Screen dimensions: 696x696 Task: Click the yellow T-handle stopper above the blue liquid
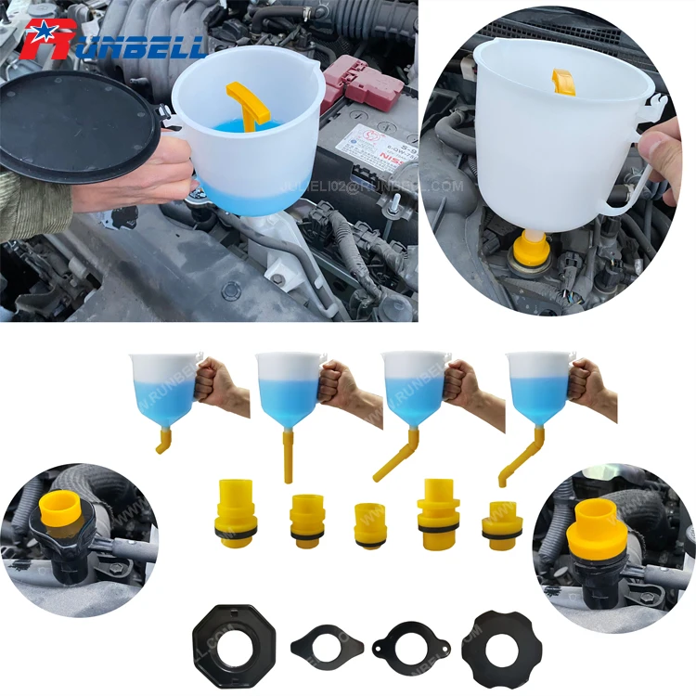[248, 103]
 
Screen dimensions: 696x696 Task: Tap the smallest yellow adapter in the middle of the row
[370, 525]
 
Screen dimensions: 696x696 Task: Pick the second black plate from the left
[324, 640]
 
